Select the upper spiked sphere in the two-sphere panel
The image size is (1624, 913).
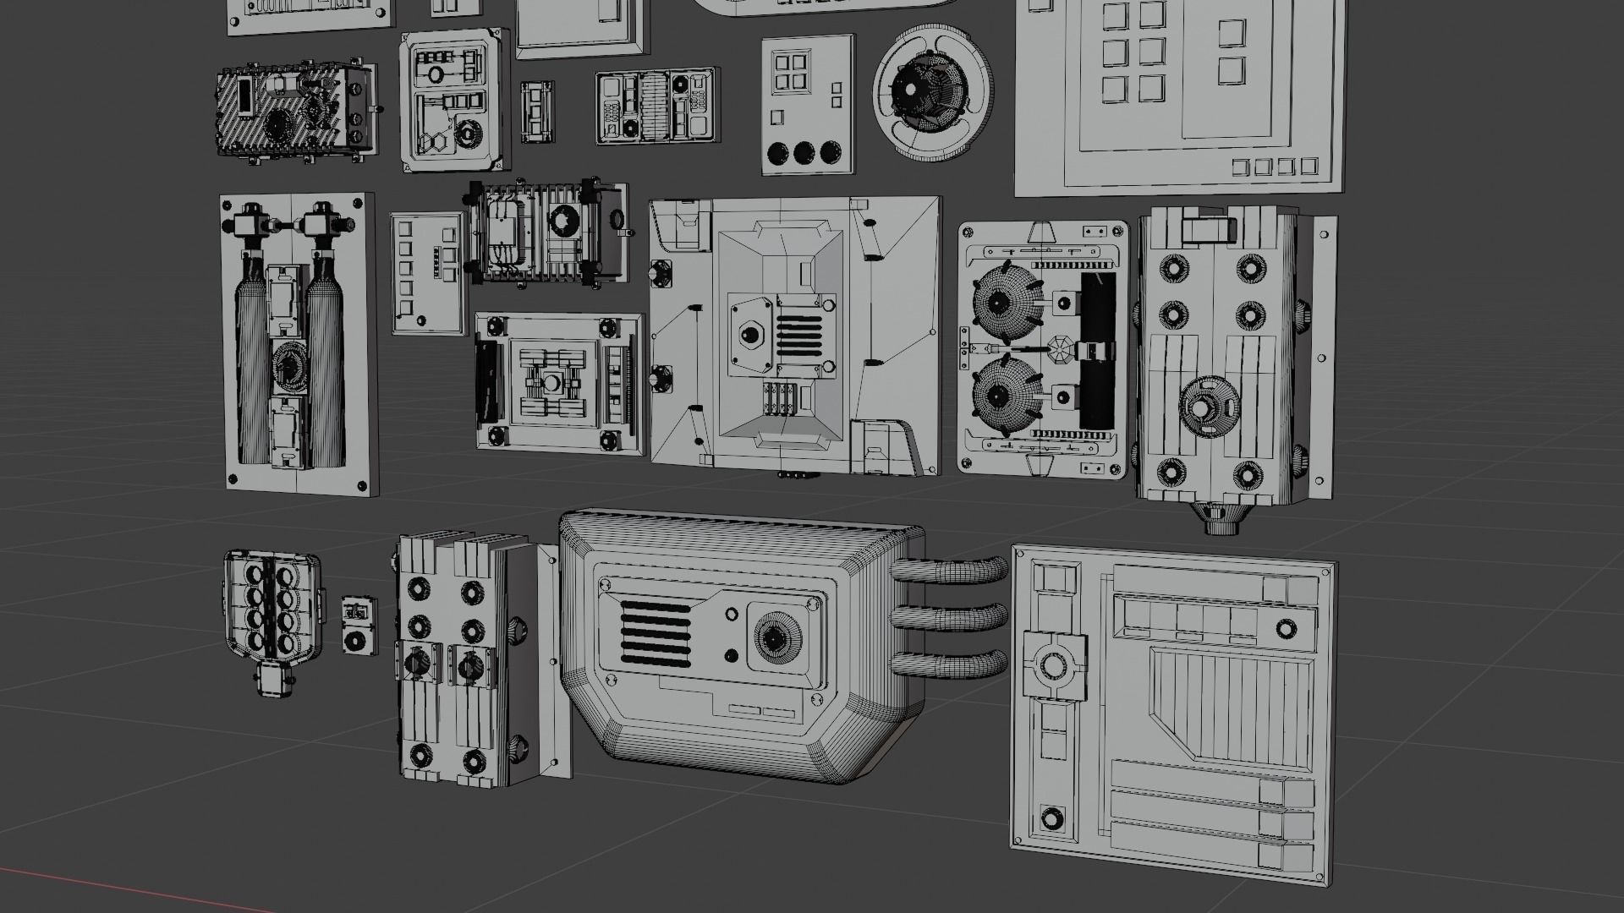pyautogui.click(x=1001, y=301)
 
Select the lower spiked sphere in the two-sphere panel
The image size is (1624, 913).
pyautogui.click(x=1001, y=395)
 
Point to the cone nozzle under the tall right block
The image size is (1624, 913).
pyautogui.click(x=1219, y=517)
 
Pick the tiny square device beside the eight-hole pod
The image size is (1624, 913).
pyautogui.click(x=358, y=626)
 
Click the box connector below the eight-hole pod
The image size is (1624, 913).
pyautogui.click(x=273, y=679)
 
